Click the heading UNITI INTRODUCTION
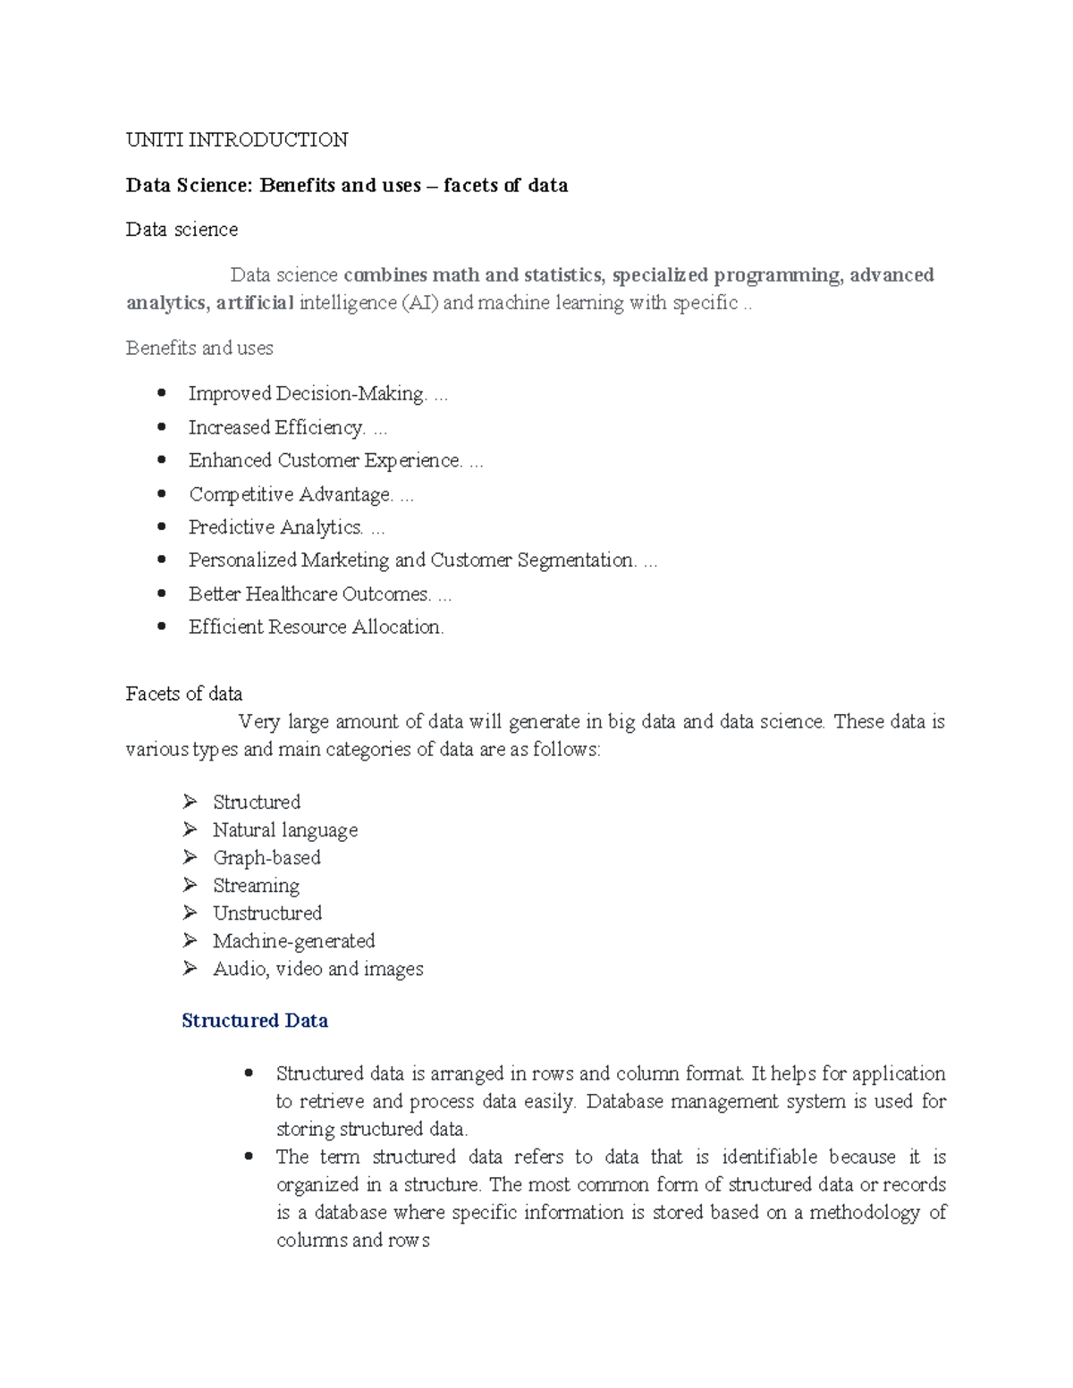click(237, 139)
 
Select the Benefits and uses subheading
click(199, 348)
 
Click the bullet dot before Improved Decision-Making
click(162, 392)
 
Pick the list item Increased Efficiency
click(276, 427)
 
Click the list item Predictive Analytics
click(275, 527)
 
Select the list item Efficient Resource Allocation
click(316, 627)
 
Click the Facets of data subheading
click(184, 694)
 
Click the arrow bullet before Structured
click(190, 801)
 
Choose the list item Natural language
click(285, 830)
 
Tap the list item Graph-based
click(266, 858)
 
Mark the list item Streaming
click(256, 886)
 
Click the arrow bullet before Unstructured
click(190, 913)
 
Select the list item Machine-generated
click(293, 941)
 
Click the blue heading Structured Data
click(255, 1021)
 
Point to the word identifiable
click(769, 1157)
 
